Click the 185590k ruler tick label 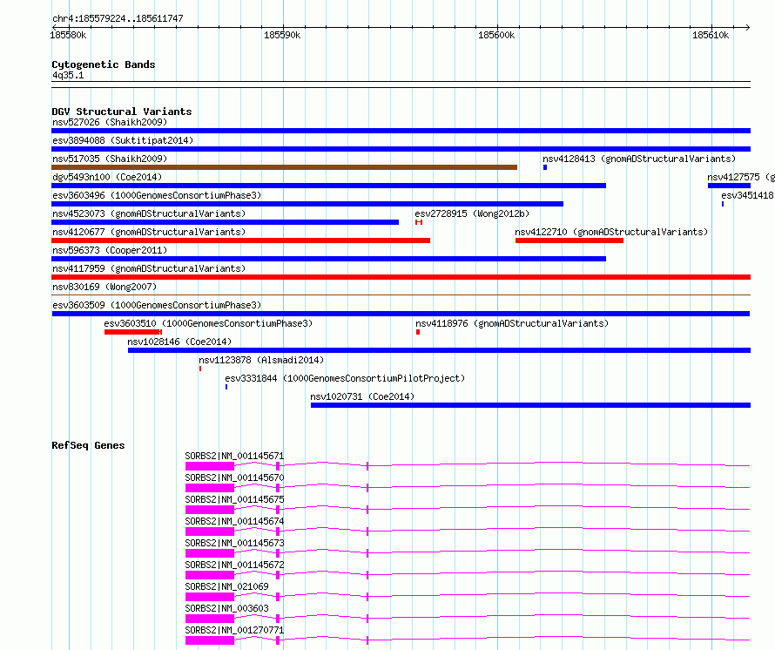(x=281, y=35)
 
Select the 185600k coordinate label (x=496, y=35)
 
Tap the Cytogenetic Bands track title (x=103, y=64)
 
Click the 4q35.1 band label (x=68, y=76)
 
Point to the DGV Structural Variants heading (x=121, y=112)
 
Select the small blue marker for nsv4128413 (x=545, y=167)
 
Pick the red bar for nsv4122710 (x=569, y=240)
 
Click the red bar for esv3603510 (x=132, y=332)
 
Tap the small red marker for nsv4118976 (x=418, y=332)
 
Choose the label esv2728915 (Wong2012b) (x=471, y=213)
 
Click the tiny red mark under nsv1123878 (x=200, y=369)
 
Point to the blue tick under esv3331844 (x=226, y=387)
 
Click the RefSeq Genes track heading (x=88, y=445)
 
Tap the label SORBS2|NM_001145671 (x=234, y=456)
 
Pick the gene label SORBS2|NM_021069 (x=226, y=586)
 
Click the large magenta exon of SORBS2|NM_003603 (x=210, y=620)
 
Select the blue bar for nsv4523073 (x=225, y=222)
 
